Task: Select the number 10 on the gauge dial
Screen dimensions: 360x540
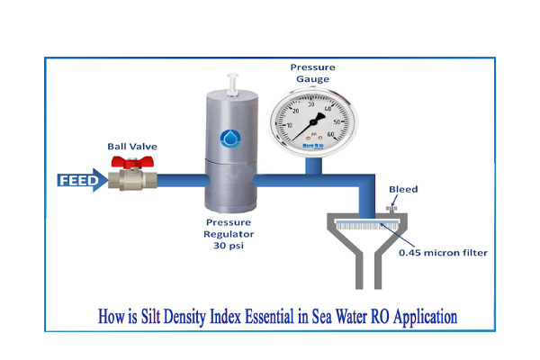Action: [x=287, y=125]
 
